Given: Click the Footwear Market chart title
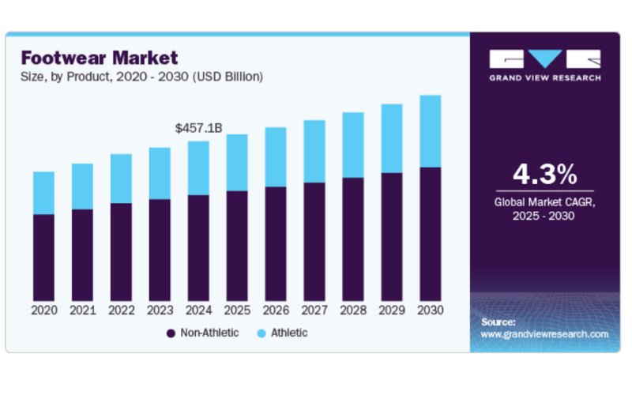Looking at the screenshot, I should point(100,58).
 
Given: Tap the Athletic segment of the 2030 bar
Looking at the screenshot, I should point(430,131).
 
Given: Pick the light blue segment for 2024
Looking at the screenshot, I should point(198,168).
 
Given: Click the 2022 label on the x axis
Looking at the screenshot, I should point(121,310).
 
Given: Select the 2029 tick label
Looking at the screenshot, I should point(392,310).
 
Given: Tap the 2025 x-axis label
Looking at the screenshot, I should point(237,310).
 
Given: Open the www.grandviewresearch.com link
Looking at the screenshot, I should point(544,334).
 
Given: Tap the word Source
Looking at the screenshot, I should point(498,322).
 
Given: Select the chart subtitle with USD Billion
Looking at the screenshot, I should point(141,77).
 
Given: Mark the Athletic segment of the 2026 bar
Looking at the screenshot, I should point(276,157).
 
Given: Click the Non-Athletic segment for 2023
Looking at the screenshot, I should point(160,248).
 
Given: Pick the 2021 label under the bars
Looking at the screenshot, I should point(82,310).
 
